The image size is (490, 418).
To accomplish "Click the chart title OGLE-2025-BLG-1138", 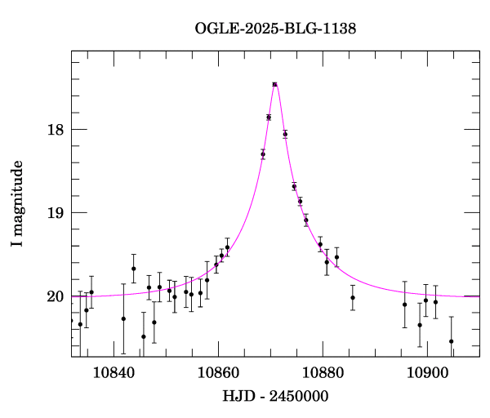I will pos(275,29).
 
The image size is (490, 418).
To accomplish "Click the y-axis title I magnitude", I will pos(18,204).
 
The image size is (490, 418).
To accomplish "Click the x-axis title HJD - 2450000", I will pos(275,396).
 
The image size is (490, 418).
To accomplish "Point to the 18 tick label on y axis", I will pos(54,130).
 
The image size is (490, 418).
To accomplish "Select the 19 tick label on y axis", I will pos(54,213).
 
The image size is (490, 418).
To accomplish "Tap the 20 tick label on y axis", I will pos(54,296).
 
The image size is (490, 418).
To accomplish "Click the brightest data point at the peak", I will pos(275,84).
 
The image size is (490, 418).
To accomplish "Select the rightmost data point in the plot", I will pos(451,341).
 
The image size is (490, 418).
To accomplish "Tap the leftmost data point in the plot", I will pos(80,324).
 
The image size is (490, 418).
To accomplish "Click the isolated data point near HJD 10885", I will pos(353,297).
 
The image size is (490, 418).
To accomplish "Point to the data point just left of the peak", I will pos(269,118).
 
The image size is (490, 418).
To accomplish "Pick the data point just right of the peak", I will pos(285,134).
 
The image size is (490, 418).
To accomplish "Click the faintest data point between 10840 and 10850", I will pos(144,336).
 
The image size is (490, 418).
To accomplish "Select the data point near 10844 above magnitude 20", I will pos(133,269).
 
